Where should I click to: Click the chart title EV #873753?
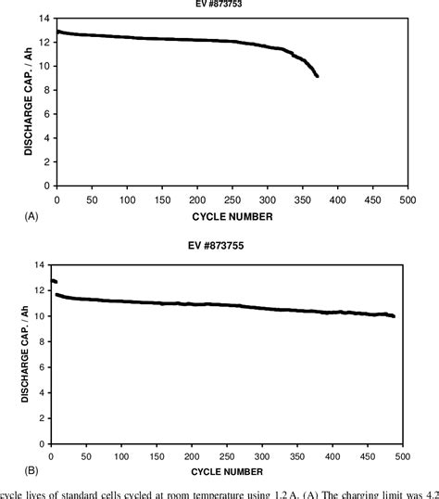tap(232, 4)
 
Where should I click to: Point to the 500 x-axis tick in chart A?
tap(407, 198)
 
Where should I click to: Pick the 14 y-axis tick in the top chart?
tap(44, 19)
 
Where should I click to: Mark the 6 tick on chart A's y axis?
tap(47, 114)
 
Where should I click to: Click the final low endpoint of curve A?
tap(317, 76)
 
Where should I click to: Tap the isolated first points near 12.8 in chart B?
tap(54, 281)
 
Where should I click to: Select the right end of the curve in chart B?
tap(393, 316)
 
